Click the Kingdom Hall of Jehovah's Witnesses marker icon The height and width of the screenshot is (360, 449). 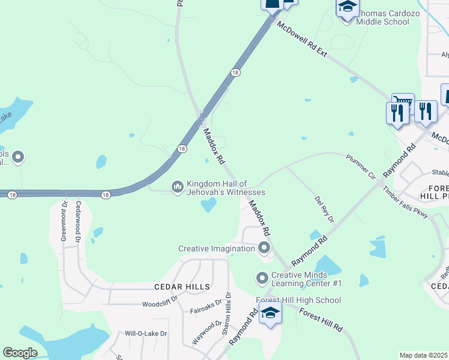tap(177, 187)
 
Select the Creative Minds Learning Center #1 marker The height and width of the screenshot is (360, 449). tap(262, 278)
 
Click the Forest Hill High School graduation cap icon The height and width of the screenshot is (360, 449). tap(270, 313)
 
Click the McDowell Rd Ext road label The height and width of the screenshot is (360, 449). tap(301, 40)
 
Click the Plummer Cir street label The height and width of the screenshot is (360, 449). tap(361, 167)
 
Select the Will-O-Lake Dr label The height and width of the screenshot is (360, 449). tap(145, 333)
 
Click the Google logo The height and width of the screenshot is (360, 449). tap(20, 353)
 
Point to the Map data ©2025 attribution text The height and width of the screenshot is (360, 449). tap(424, 355)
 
